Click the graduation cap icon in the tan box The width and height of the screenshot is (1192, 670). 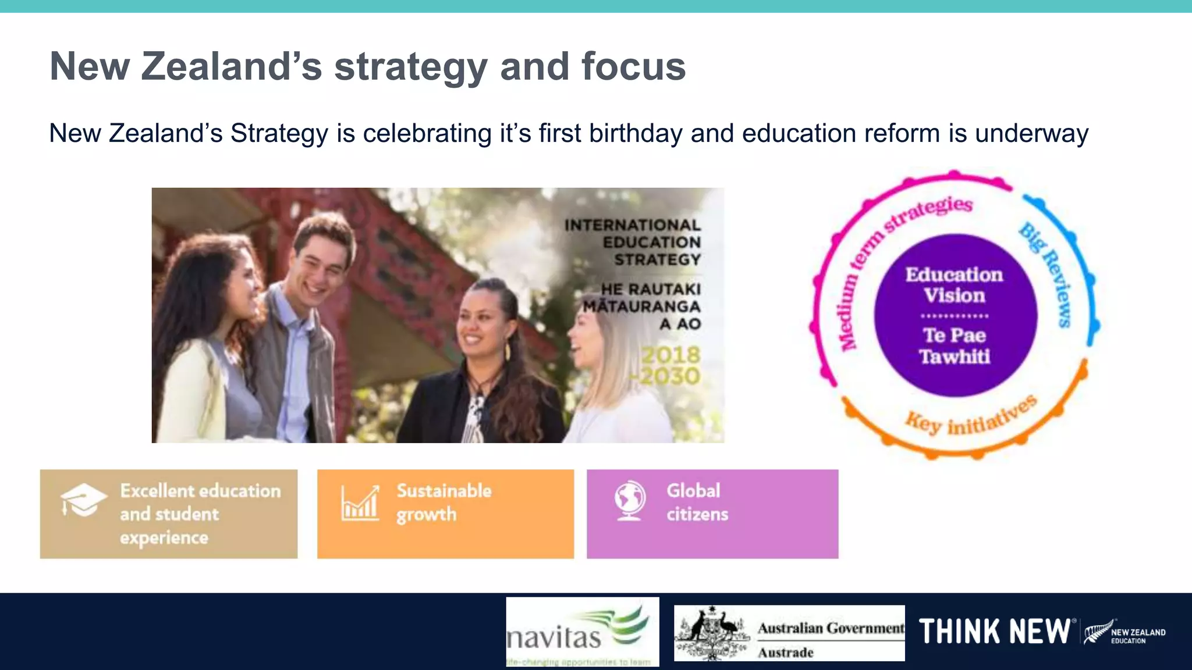click(83, 500)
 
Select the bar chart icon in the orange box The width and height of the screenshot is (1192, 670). click(360, 502)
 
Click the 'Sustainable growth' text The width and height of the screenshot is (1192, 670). click(444, 502)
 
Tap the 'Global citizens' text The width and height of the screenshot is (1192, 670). click(697, 502)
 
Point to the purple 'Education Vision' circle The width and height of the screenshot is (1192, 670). click(955, 315)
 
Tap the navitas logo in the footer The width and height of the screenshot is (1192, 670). click(582, 632)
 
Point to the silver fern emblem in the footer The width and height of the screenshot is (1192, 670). click(1097, 632)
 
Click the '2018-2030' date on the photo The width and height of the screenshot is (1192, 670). click(670, 365)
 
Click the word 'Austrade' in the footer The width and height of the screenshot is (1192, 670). click(785, 653)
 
